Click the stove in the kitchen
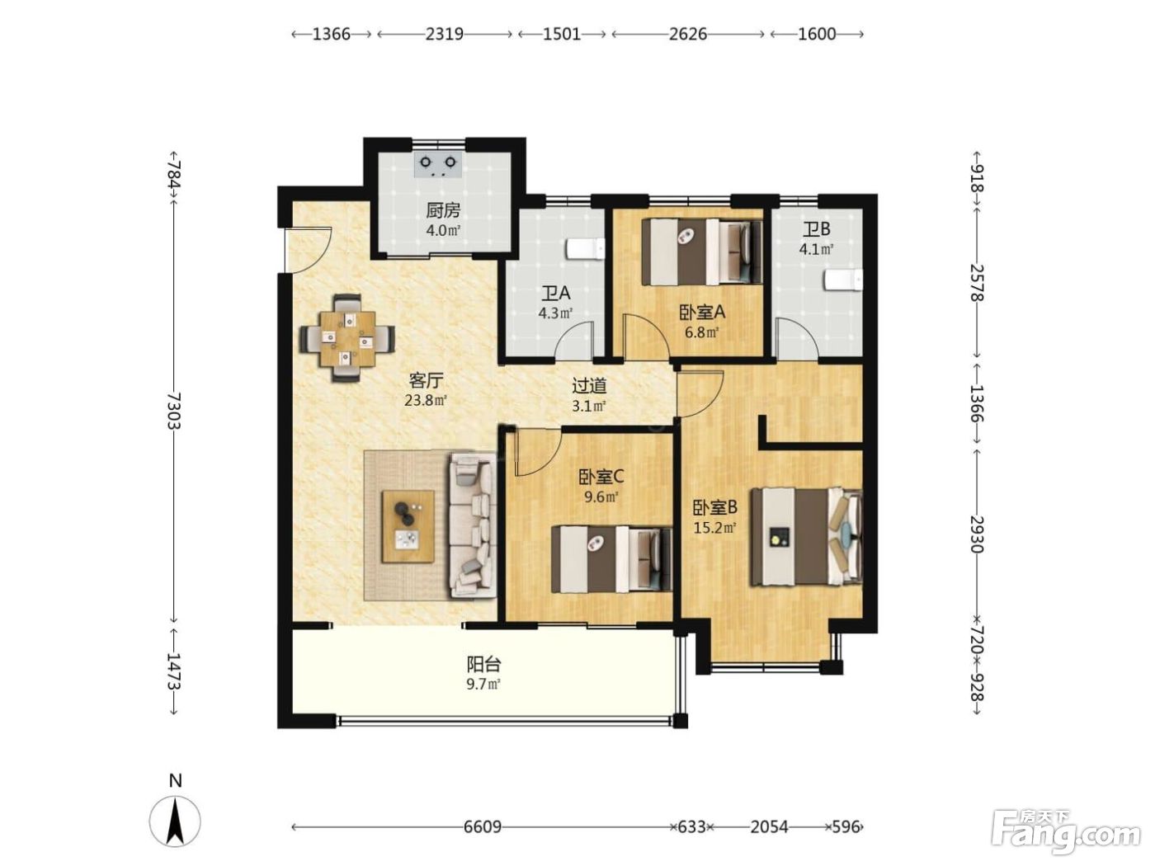(x=438, y=165)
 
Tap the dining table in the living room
(x=348, y=339)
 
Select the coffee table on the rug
(x=408, y=526)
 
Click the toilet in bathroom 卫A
(x=586, y=249)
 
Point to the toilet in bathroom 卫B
(x=843, y=280)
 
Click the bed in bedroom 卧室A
(x=702, y=252)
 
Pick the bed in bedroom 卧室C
(x=611, y=559)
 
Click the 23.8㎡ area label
(x=426, y=401)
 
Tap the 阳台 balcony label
(x=483, y=665)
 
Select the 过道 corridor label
(x=589, y=386)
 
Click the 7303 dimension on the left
(x=174, y=411)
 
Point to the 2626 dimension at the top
(x=688, y=34)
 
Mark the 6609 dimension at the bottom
(x=483, y=827)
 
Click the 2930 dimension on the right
(x=977, y=534)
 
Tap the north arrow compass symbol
(x=175, y=821)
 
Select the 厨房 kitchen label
(x=443, y=210)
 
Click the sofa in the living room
(x=473, y=526)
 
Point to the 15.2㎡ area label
(x=714, y=527)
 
